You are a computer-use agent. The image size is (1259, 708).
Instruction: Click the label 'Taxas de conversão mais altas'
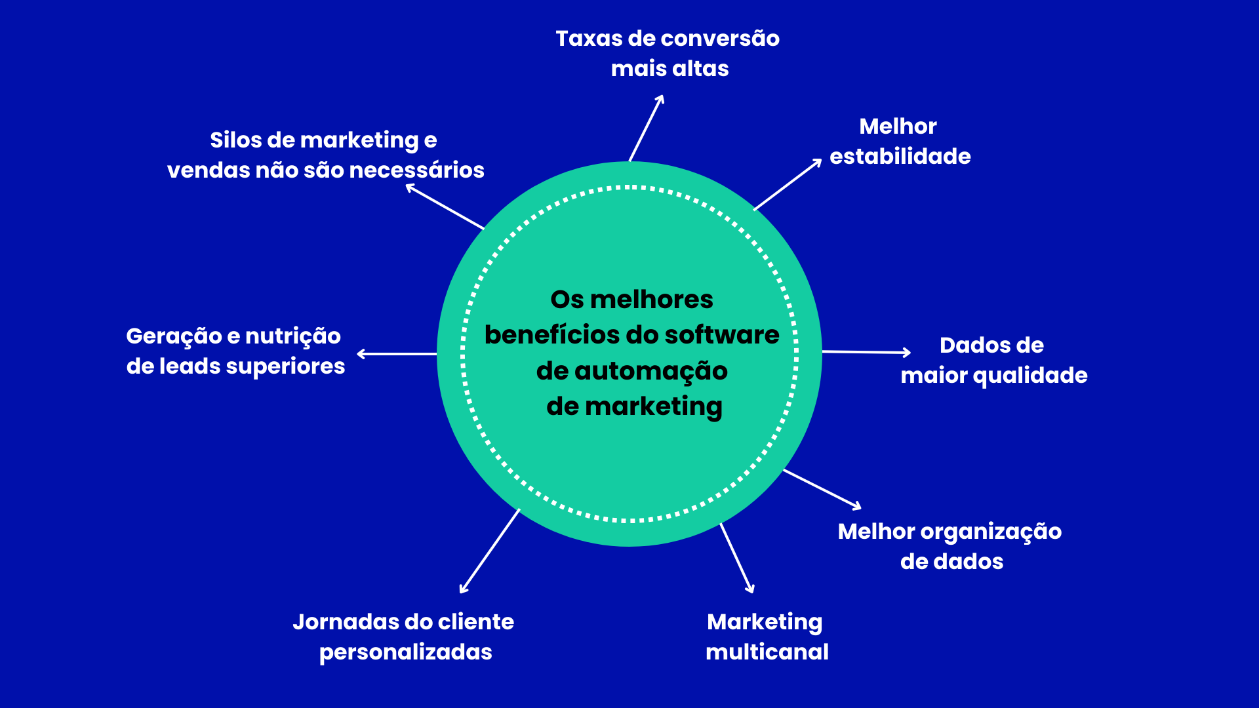click(668, 53)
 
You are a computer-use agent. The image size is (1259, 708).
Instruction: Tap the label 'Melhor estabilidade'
click(900, 141)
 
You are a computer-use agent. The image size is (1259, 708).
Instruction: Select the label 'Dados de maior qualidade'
click(993, 360)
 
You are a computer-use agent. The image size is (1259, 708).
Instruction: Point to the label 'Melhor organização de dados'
click(950, 546)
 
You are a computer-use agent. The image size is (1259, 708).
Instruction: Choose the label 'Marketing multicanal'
click(767, 637)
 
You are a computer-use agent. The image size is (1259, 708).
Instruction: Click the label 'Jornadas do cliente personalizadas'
click(404, 637)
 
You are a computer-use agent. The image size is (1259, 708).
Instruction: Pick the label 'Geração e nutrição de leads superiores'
click(235, 351)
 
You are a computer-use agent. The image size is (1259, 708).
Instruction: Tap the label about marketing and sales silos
click(325, 155)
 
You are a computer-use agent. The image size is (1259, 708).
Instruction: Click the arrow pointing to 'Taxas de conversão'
click(647, 128)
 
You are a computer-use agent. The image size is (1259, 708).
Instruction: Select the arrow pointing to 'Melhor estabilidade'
click(788, 185)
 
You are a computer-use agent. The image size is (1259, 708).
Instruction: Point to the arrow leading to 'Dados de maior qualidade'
click(866, 352)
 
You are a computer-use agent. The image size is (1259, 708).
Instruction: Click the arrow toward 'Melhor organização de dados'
click(822, 489)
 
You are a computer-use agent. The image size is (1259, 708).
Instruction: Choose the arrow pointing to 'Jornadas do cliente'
click(490, 551)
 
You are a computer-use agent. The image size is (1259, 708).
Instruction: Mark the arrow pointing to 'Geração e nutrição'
click(397, 354)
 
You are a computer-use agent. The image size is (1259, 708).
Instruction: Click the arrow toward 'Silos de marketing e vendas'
click(445, 206)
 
